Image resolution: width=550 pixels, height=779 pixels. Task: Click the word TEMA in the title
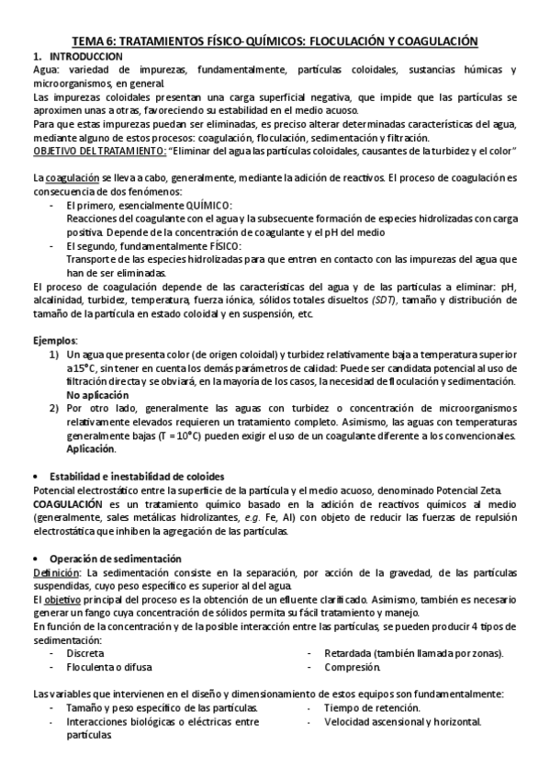pos(89,41)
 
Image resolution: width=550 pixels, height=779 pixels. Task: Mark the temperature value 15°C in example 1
pos(80,367)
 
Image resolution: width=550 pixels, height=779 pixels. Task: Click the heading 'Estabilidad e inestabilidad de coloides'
pos(135,476)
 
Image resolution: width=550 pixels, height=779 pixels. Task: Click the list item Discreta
pos(84,653)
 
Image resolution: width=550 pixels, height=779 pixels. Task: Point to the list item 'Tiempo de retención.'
pos(372,707)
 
